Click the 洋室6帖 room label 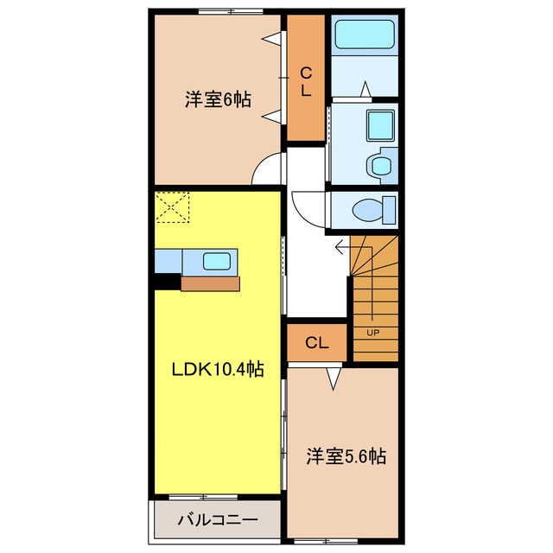point(217,99)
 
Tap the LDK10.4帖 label point(216,369)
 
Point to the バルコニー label point(217,520)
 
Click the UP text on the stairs point(373,332)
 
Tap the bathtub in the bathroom point(363,35)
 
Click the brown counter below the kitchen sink point(209,282)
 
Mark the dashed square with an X point(171,207)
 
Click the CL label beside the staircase point(317,343)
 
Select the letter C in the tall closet point(305,72)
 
